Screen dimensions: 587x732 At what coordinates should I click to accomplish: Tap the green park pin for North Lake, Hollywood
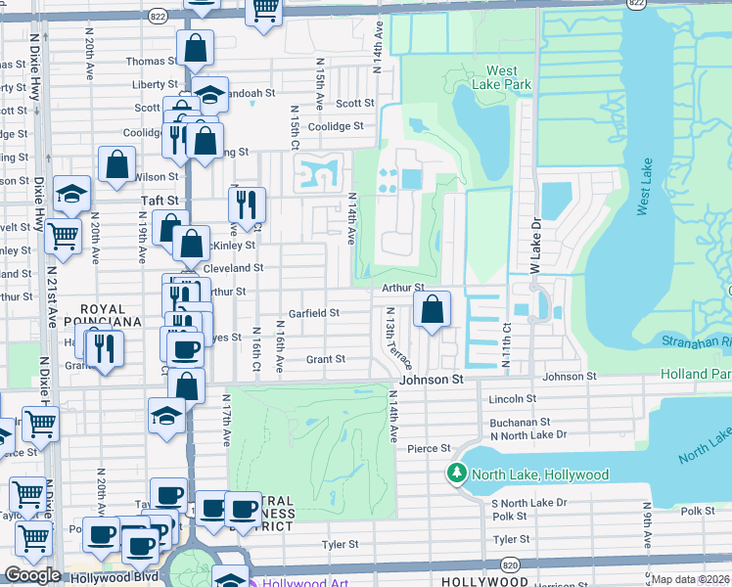[456, 474]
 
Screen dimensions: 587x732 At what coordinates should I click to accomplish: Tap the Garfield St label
[314, 313]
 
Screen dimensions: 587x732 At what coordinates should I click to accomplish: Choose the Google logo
[32, 574]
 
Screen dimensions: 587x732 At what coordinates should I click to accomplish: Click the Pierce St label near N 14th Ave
[428, 448]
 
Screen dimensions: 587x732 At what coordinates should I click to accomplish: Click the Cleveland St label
[233, 267]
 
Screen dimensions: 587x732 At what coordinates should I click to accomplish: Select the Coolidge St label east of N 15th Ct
[336, 126]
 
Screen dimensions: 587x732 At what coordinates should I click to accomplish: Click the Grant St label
[326, 359]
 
